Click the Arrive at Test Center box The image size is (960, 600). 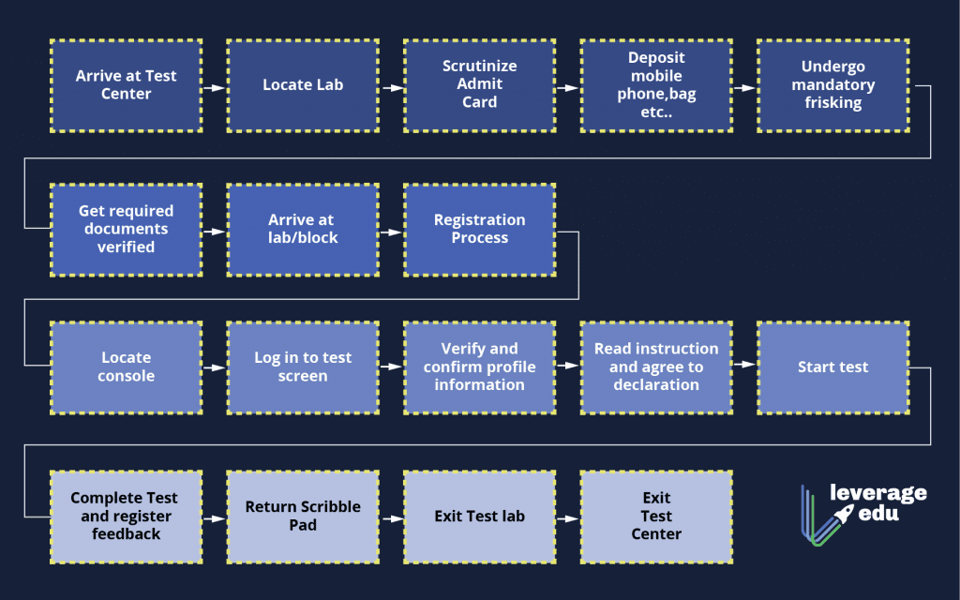[126, 85]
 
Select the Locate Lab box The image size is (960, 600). [303, 85]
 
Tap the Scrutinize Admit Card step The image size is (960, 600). [479, 85]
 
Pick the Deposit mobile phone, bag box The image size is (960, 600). [656, 85]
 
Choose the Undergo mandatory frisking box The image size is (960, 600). [832, 85]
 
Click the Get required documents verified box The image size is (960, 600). [126, 230]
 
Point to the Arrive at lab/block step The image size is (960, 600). [303, 230]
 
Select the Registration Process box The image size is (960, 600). [479, 230]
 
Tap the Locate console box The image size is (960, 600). [126, 367]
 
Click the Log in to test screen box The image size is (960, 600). [303, 367]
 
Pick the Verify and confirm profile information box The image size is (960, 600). [479, 367]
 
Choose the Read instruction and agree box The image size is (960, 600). [656, 367]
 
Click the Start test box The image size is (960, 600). [832, 367]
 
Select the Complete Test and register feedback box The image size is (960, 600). [126, 517]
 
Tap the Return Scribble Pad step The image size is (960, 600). [303, 517]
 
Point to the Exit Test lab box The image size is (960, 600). [479, 517]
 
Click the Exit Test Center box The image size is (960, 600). [656, 517]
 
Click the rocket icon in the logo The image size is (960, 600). [843, 514]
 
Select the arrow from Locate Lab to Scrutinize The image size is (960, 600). [391, 87]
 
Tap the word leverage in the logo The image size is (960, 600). [877, 493]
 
